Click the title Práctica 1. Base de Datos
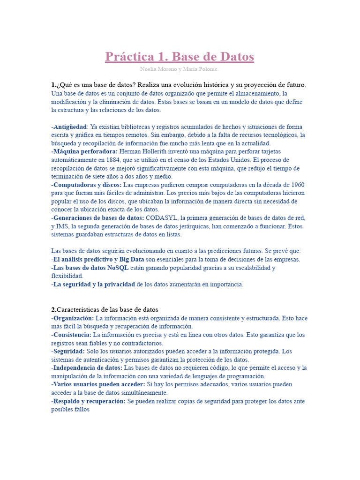click(180, 57)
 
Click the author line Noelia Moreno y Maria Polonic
click(180, 69)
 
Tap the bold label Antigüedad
click(70, 127)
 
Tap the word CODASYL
click(162, 218)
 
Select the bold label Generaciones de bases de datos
click(98, 218)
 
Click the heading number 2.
click(53, 310)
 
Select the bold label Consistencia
click(72, 335)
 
